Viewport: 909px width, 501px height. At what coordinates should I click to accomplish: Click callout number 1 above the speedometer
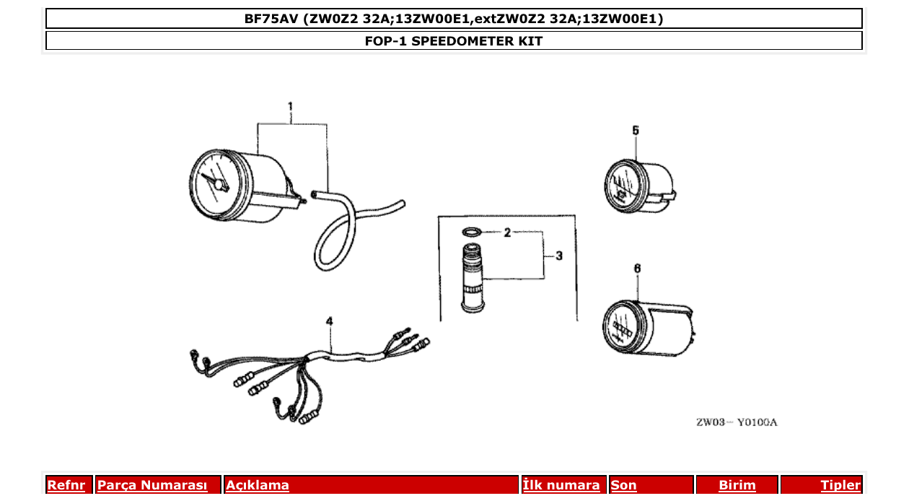tap(290, 107)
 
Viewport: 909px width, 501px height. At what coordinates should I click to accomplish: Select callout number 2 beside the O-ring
tap(507, 232)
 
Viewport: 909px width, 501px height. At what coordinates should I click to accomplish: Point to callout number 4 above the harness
tap(330, 321)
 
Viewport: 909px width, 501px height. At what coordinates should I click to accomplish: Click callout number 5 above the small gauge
tap(636, 130)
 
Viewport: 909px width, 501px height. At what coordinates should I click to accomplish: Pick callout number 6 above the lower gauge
tap(637, 268)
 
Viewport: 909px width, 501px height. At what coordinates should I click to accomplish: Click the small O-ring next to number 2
tap(472, 232)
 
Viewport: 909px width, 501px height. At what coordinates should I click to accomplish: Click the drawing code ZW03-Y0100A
tap(737, 422)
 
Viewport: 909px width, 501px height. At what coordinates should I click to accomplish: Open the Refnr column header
tap(66, 485)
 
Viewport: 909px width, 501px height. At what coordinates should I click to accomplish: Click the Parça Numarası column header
tap(152, 485)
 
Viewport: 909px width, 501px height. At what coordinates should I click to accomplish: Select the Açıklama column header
tap(258, 485)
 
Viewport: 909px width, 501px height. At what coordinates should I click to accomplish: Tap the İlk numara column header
tap(561, 485)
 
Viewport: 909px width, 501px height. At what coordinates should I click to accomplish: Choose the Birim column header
tap(737, 485)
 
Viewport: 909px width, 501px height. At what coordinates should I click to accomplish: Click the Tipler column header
tap(840, 485)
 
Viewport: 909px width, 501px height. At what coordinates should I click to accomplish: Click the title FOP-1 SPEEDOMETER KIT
tap(454, 41)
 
